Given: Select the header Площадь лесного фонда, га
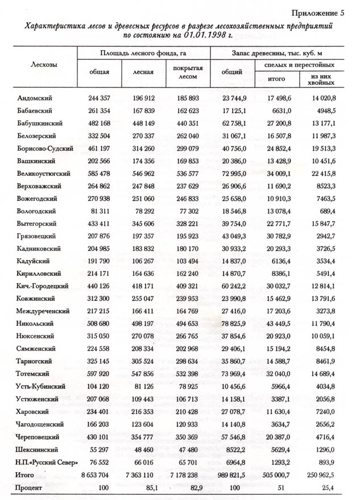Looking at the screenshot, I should point(144,53).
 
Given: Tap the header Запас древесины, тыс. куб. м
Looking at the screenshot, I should point(279,53).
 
